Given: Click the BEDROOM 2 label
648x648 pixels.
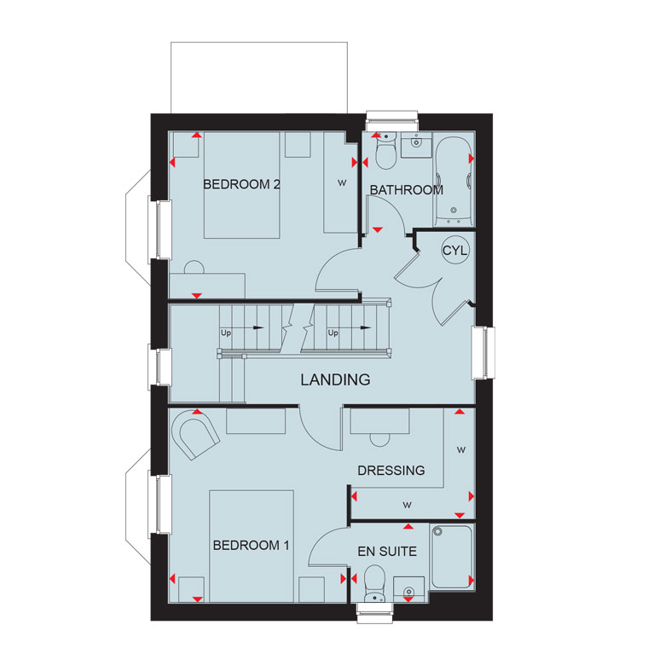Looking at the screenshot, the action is coord(242,184).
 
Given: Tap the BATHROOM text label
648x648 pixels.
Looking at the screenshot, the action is coord(406,190).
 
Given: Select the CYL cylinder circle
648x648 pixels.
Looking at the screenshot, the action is coord(455,251).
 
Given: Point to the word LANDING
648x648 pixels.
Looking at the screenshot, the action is coord(335,379).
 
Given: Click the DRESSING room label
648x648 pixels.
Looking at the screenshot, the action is coord(391,471).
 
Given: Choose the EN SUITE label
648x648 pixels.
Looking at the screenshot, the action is coord(387,552).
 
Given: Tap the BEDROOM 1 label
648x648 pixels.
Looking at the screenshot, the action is coord(251,546).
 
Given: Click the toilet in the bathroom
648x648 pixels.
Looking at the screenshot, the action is coord(385,151).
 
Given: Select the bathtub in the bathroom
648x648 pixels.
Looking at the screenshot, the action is coord(454,181).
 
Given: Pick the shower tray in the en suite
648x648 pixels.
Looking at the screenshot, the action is coord(451,557).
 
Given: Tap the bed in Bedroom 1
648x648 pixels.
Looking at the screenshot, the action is coord(252,547).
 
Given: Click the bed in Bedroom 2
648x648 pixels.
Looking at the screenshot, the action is coord(242,185).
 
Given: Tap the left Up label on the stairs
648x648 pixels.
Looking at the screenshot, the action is coord(226,333).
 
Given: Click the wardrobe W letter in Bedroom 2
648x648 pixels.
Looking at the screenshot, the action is coord(342,182).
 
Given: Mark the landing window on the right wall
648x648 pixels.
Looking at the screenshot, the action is coord(483,352).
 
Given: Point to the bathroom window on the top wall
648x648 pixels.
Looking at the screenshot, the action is coord(391,117).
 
